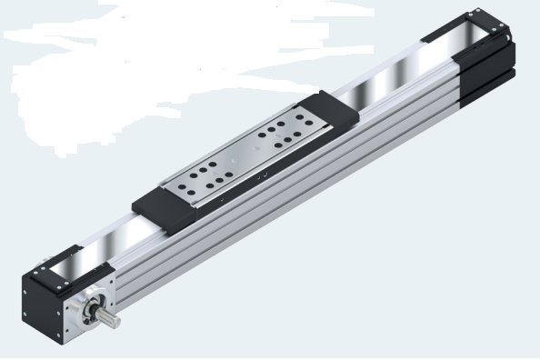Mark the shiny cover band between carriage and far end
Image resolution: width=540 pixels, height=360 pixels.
(400, 77)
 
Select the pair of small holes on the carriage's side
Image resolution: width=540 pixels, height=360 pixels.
(263, 172)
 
